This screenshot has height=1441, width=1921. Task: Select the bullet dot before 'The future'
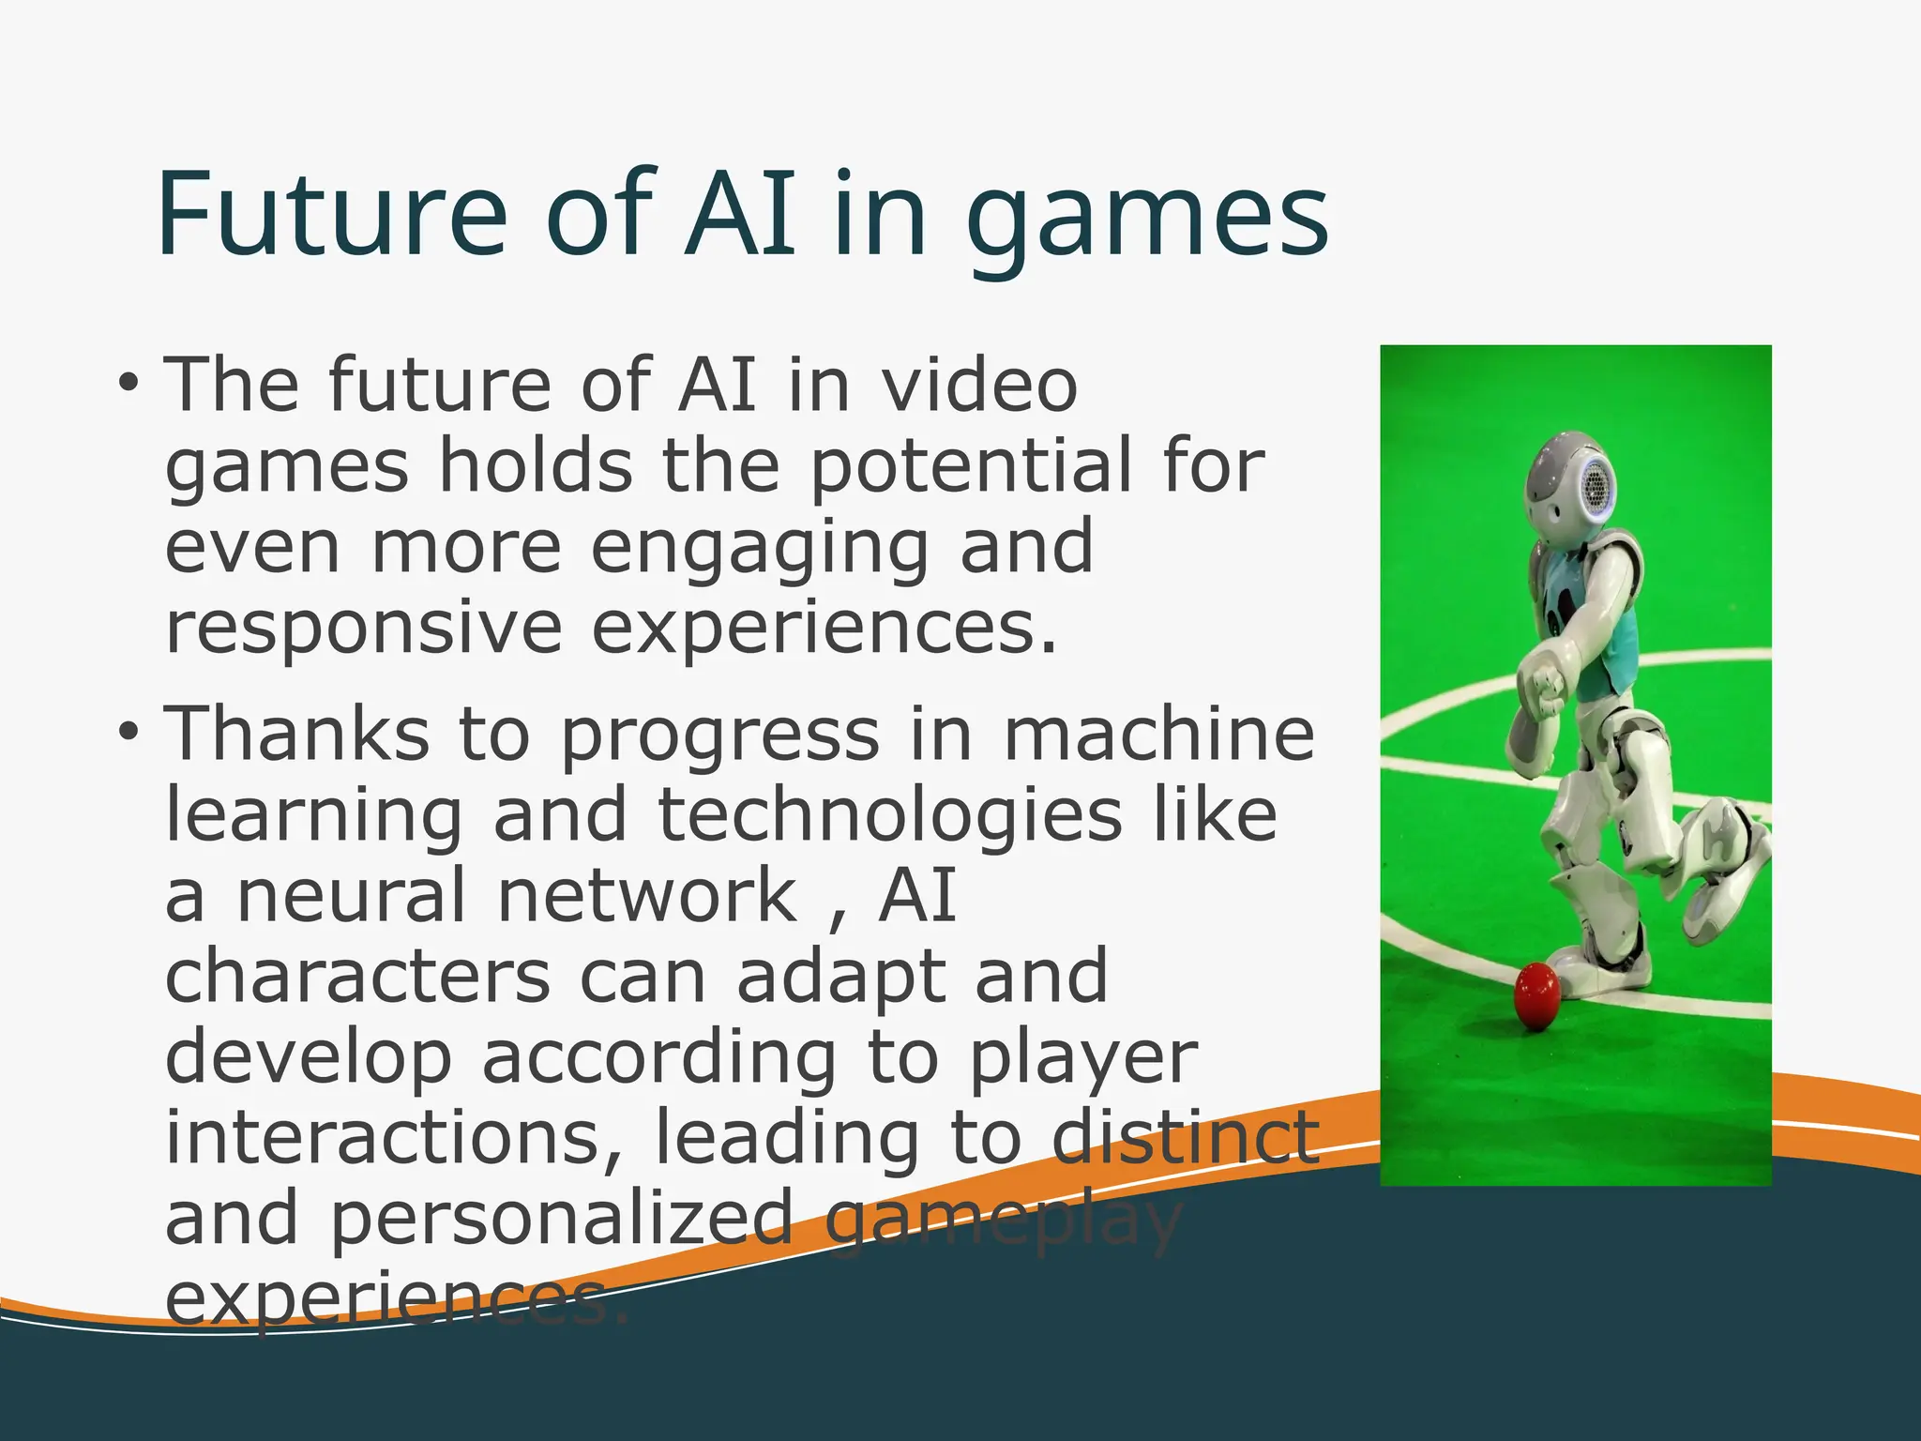(129, 385)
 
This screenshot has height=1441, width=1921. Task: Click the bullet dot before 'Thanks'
(129, 733)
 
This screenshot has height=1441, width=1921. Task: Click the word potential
(971, 467)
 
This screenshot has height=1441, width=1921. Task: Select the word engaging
(759, 549)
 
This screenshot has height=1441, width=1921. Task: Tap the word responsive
(364, 629)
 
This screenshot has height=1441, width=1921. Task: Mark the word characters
(357, 976)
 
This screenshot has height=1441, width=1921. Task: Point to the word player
(1083, 1058)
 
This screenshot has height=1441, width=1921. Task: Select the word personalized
(563, 1218)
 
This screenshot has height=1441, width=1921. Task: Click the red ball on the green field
(1537, 994)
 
